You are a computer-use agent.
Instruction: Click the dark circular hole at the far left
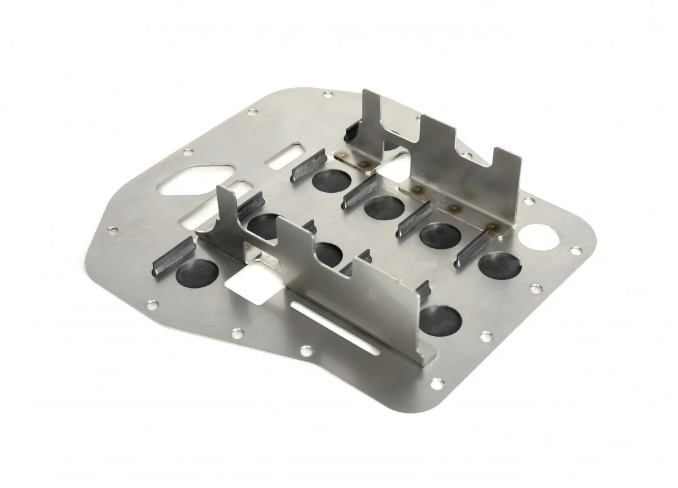pyautogui.click(x=197, y=273)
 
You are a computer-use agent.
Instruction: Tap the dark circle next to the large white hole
pyautogui.click(x=499, y=264)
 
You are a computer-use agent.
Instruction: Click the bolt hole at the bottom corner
pyautogui.click(x=436, y=382)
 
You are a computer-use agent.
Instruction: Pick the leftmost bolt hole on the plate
pyautogui.click(x=112, y=231)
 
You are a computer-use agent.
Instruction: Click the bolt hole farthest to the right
pyautogui.click(x=575, y=250)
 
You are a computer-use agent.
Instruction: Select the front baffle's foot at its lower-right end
pyautogui.click(x=428, y=354)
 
